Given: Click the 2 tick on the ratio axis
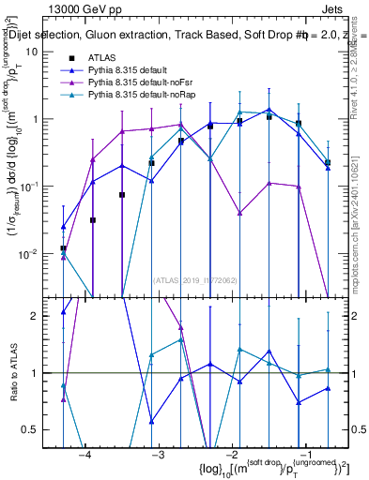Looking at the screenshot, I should pyautogui.click(x=41, y=316).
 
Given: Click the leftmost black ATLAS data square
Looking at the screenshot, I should pyautogui.click(x=63, y=248).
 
